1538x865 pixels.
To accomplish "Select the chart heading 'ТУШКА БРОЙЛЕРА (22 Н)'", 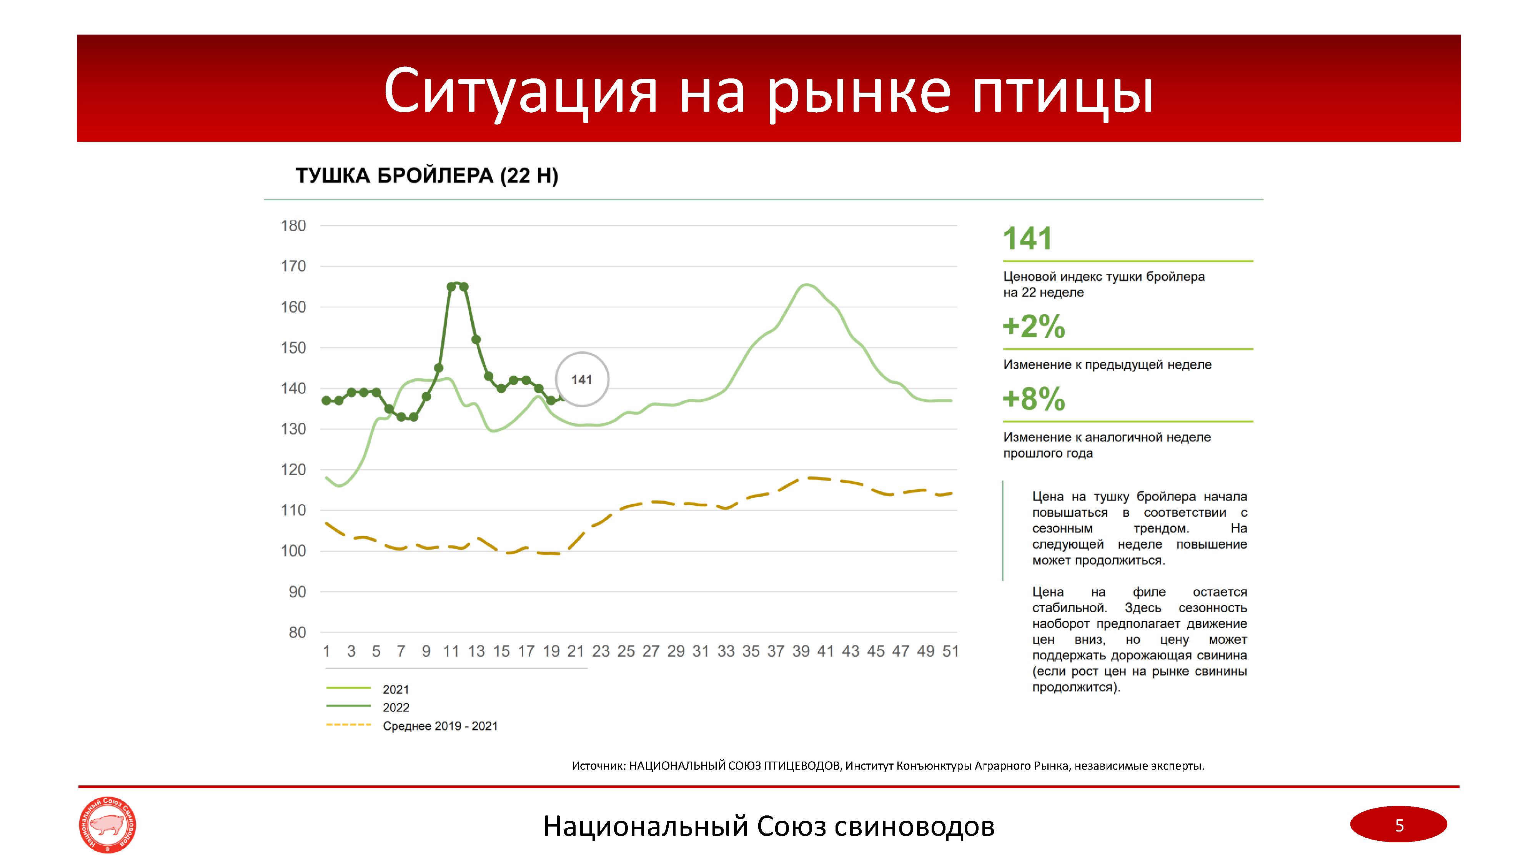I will click(x=427, y=176).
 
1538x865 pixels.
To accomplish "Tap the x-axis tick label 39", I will click(x=801, y=651).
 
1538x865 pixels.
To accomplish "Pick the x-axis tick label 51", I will click(x=950, y=651).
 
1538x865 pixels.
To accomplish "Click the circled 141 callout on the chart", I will click(x=581, y=380).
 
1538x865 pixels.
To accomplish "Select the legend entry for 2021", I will click(x=396, y=689).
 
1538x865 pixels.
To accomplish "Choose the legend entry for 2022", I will click(x=396, y=707).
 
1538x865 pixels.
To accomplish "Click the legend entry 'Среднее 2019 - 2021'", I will click(x=440, y=726).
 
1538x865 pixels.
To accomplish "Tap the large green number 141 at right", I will click(x=1027, y=239).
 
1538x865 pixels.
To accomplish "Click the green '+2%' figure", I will click(x=1034, y=326).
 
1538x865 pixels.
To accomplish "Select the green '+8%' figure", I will click(x=1034, y=399).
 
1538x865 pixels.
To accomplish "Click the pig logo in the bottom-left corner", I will click(x=108, y=825).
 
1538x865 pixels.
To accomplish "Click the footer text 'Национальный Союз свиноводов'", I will click(x=768, y=826).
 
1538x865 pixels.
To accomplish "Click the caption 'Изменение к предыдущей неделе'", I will click(x=1107, y=365).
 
